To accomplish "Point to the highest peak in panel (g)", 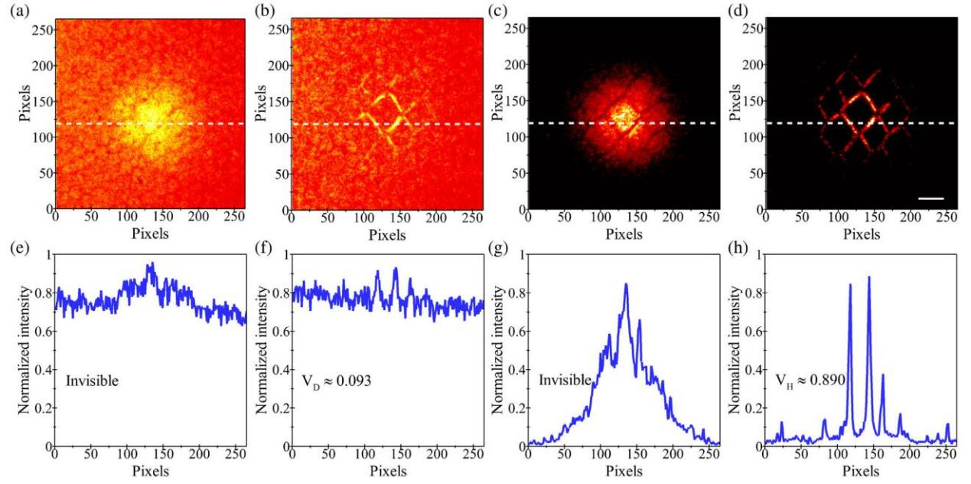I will (626, 284).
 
